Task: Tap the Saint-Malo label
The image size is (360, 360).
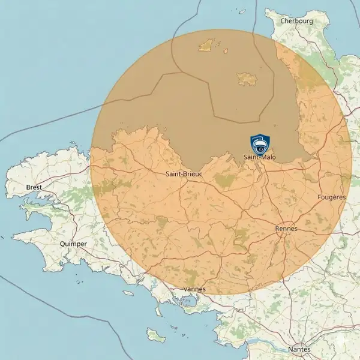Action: tap(260, 157)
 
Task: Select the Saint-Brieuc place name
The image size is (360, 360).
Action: tap(184, 174)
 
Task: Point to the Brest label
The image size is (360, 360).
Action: tap(35, 187)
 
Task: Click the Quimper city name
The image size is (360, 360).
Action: tap(74, 244)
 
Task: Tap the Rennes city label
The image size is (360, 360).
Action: tap(286, 229)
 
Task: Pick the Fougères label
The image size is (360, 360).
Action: tap(331, 197)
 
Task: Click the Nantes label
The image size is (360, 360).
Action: tap(299, 349)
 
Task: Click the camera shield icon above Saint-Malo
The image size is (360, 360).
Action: tap(260, 145)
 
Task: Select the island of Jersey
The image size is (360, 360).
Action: tap(247, 79)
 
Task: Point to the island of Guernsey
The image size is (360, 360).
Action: tap(207, 44)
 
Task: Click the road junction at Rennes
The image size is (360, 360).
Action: tap(283, 235)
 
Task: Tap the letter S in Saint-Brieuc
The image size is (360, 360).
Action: tap(167, 174)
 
